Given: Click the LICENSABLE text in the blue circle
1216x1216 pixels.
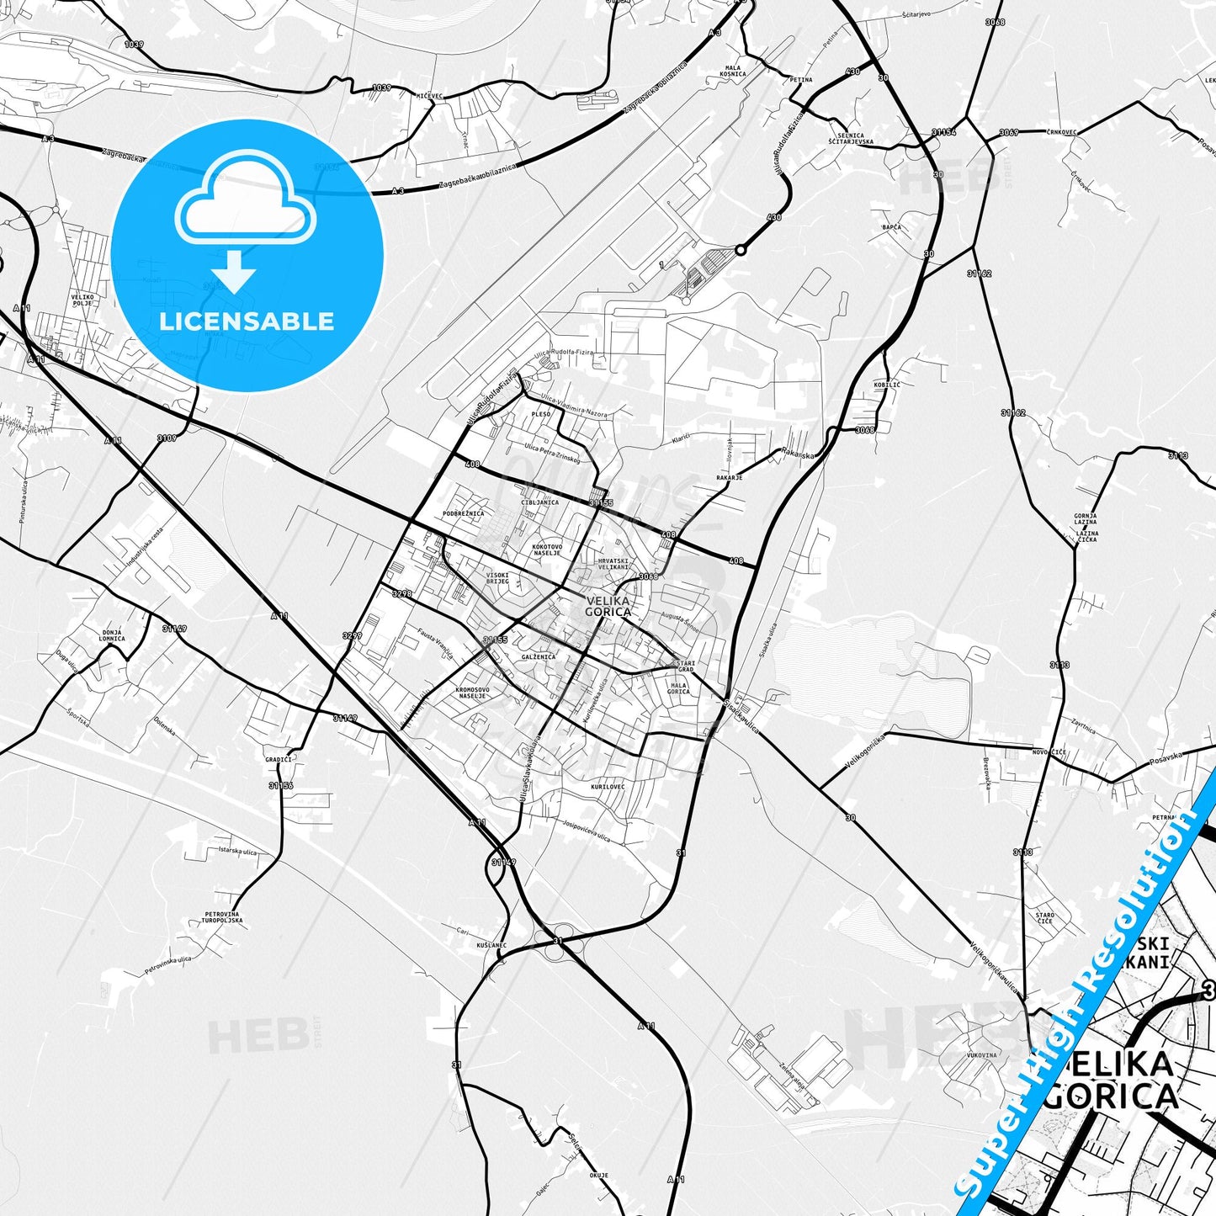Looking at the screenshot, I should (247, 321).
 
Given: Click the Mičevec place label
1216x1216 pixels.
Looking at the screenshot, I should (429, 96).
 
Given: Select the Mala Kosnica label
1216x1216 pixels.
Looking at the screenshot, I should (732, 71).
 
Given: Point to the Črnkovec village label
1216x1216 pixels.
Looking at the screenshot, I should (1058, 132).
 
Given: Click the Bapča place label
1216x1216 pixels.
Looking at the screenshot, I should (891, 227).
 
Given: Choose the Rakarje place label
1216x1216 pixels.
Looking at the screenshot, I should (729, 477).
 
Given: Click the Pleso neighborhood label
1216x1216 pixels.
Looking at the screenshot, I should (540, 414).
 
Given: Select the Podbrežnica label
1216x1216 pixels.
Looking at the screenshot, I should (463, 513).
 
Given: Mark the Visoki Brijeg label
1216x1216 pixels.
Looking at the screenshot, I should (497, 578).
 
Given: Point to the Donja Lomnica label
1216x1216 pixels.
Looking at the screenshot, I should (112, 635).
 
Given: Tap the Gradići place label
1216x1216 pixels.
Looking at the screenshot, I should (278, 758).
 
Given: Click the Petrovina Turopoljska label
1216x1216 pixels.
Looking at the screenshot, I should (223, 917).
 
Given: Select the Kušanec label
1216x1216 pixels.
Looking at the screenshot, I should (491, 945).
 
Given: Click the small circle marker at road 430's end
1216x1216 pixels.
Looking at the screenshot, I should (741, 250).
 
